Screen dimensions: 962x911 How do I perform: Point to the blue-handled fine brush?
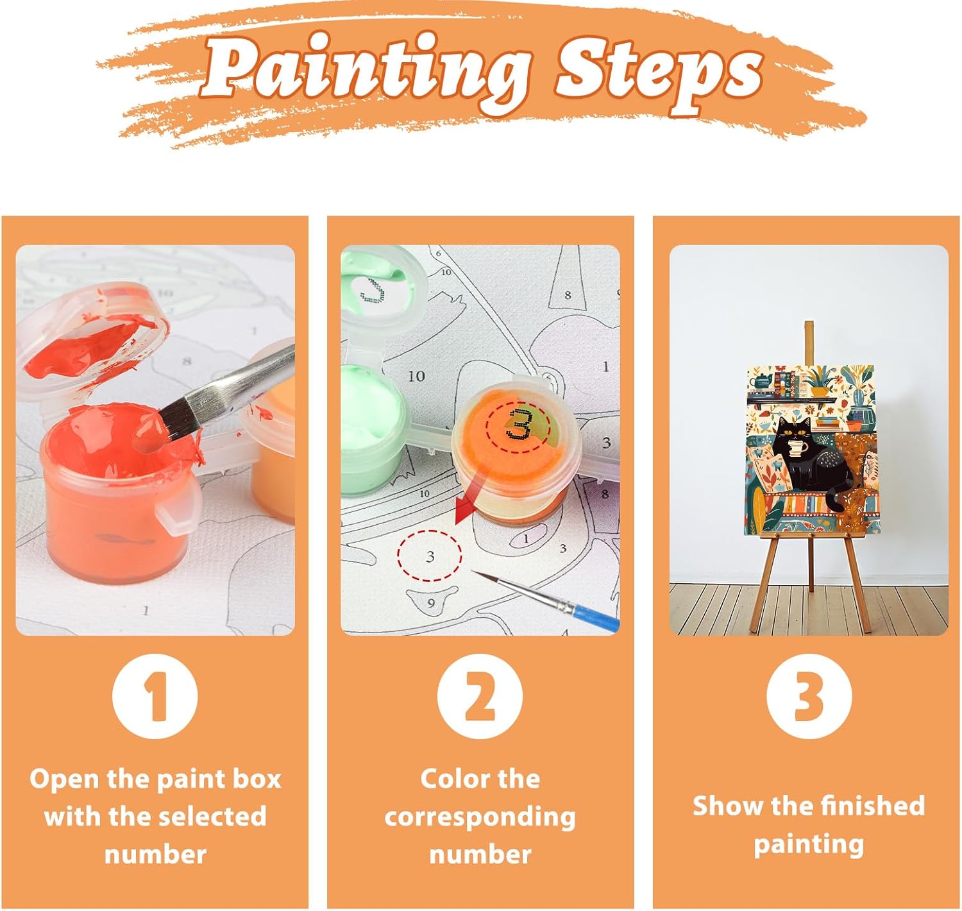(546, 600)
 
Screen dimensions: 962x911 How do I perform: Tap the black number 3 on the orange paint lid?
(519, 425)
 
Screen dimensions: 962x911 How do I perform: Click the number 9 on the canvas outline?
(431, 602)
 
